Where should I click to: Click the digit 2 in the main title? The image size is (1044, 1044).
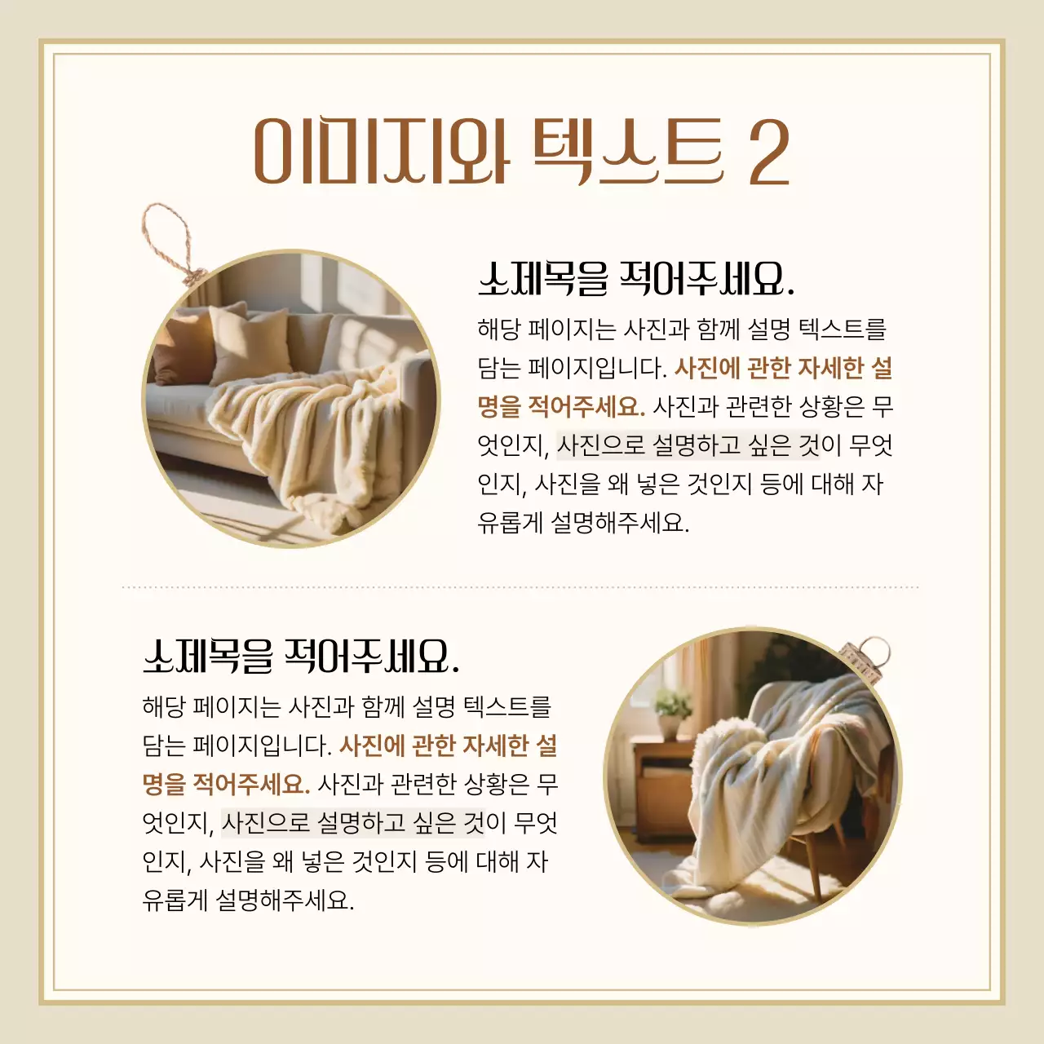click(768, 152)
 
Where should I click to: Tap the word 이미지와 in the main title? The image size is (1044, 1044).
click(381, 152)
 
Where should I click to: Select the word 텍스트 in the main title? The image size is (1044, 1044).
click(628, 152)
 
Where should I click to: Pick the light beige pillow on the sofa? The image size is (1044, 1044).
click(249, 343)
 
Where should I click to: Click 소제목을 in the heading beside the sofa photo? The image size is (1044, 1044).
click(543, 280)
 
